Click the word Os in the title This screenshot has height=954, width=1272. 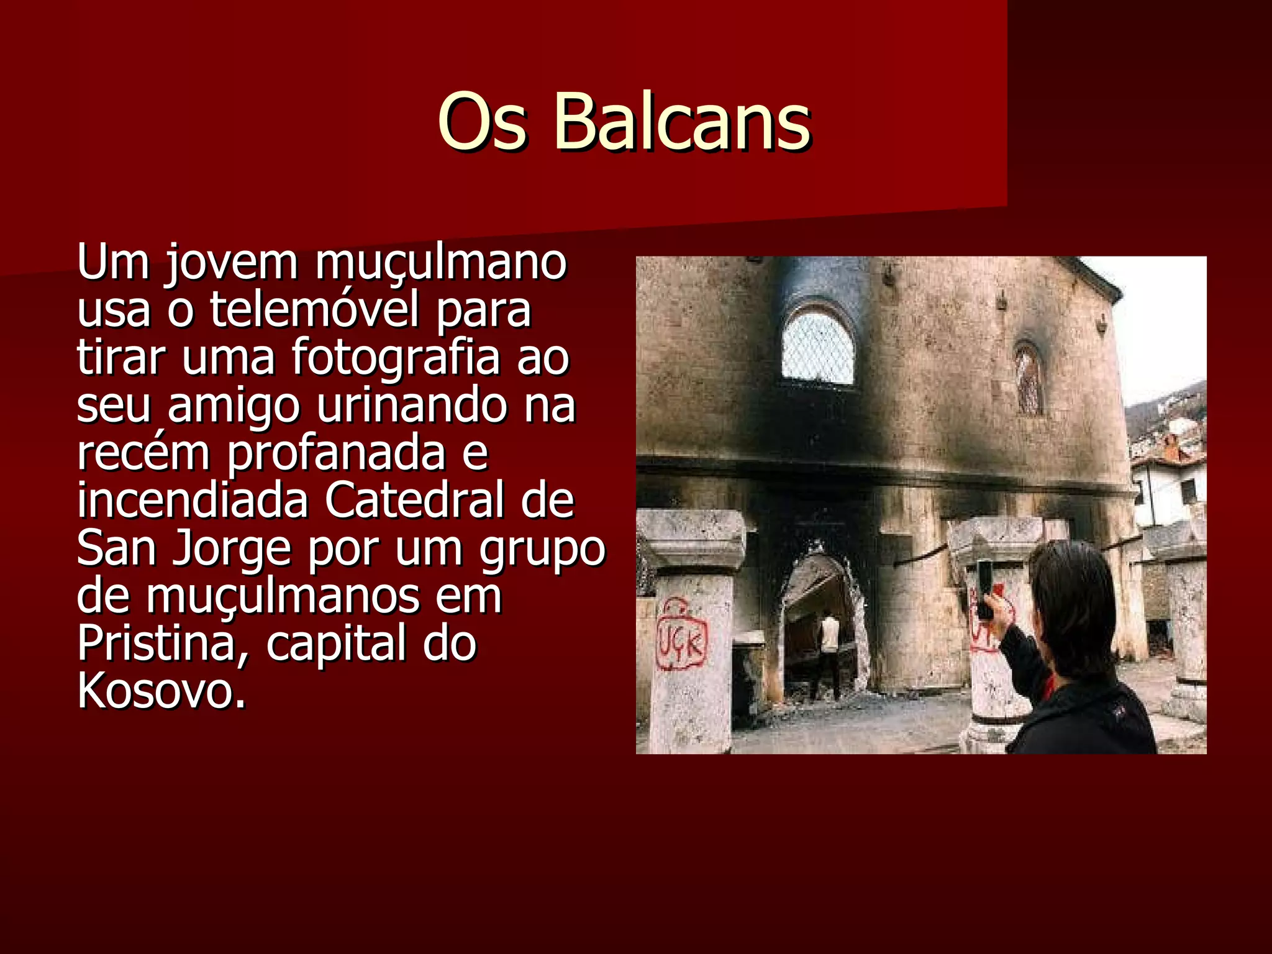(x=483, y=122)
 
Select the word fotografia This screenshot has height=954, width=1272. (x=395, y=357)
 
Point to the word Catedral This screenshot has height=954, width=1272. (x=414, y=500)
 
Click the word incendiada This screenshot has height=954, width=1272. (x=193, y=500)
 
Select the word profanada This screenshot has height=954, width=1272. (x=335, y=453)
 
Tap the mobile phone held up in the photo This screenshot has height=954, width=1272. (x=984, y=588)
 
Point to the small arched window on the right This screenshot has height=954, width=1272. (x=1028, y=379)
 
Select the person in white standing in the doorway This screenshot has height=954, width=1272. (x=828, y=652)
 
